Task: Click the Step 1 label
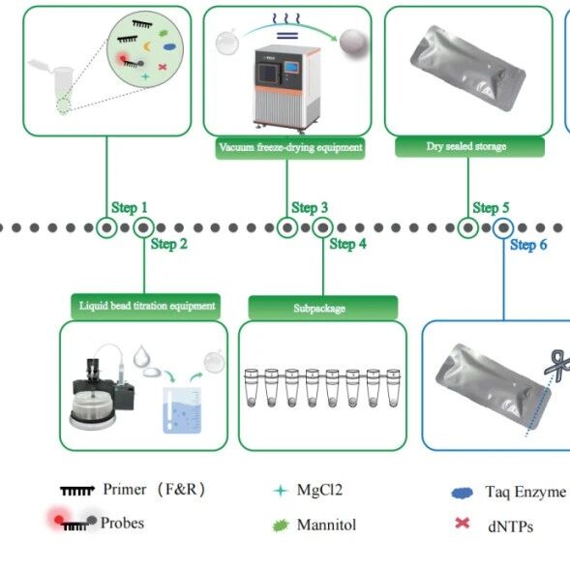pos(130,207)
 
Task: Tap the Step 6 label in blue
pos(528,245)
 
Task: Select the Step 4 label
pos(347,244)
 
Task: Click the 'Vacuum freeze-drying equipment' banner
pos(290,148)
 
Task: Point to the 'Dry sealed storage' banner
pos(469,147)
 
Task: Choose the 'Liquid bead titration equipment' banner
pos(146,306)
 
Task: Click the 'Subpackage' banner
pos(323,309)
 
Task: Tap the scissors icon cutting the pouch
pos(557,365)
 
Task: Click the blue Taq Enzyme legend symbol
pos(462,493)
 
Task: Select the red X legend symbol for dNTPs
pos(462,524)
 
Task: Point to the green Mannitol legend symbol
pos(281,525)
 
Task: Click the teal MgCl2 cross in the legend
pos(281,491)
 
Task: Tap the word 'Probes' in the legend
pos(122,524)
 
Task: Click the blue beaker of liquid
pos(182,410)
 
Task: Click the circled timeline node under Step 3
pos(287,228)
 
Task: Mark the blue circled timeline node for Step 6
pos(503,228)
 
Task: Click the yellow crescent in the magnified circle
pos(147,46)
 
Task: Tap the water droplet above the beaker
pos(141,355)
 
